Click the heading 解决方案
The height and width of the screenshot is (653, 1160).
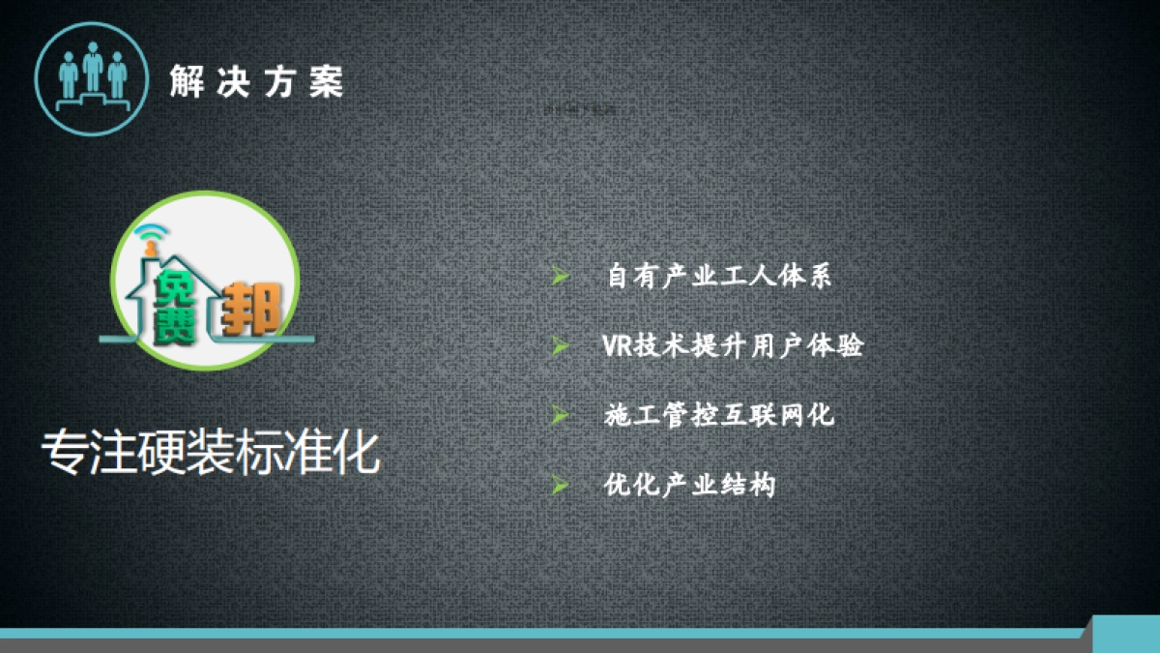pos(256,81)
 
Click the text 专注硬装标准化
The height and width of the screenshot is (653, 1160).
pos(211,453)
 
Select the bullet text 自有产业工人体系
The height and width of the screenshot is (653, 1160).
pos(719,277)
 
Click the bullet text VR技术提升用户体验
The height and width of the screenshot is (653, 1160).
pos(732,346)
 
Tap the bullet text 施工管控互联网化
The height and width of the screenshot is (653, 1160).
pos(718,416)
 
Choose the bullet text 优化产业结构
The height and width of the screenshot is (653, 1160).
pos(689,485)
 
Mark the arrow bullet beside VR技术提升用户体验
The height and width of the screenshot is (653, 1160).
pos(559,345)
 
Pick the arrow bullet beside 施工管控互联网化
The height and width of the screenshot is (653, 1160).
pos(559,415)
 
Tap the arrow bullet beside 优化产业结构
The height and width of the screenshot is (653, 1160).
pos(559,484)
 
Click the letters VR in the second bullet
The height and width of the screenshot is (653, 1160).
pos(617,346)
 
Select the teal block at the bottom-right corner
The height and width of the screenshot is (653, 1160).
pos(1125,634)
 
